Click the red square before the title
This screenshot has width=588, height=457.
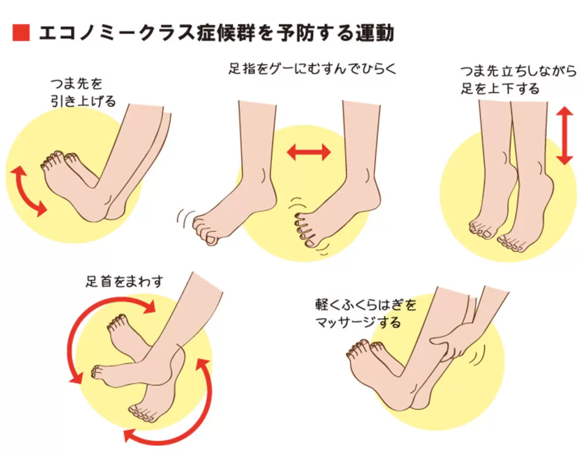pos(21,33)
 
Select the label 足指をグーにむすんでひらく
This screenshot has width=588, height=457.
pos(312,69)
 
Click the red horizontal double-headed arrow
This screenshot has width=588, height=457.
pos(309,152)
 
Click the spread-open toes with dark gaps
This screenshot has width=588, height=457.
pos(304,230)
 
